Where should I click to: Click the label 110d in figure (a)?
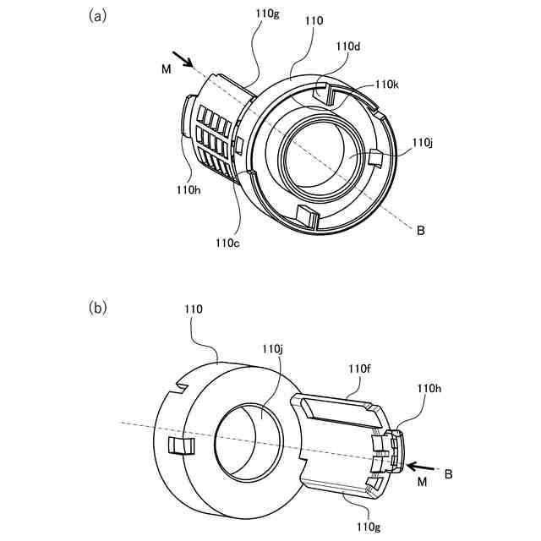point(348,46)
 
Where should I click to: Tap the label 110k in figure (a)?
point(387,85)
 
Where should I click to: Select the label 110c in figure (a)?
point(227,243)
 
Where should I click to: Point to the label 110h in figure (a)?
point(189,189)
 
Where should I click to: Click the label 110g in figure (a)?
point(267,14)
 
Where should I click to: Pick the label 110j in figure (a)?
point(423,142)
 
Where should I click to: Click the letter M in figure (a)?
point(167,69)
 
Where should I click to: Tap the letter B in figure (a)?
point(421,230)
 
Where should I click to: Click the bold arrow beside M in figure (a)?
point(183,59)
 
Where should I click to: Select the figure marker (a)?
point(98,16)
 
